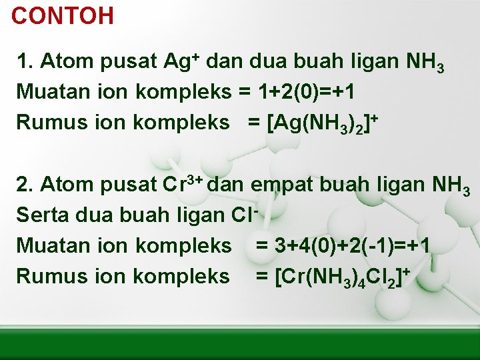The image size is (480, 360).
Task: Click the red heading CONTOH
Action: pos(63,15)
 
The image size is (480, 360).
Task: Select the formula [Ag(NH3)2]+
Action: pos(323,123)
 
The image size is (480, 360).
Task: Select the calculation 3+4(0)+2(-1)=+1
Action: pos(343,245)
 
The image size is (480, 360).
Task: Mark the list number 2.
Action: pos(23,185)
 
